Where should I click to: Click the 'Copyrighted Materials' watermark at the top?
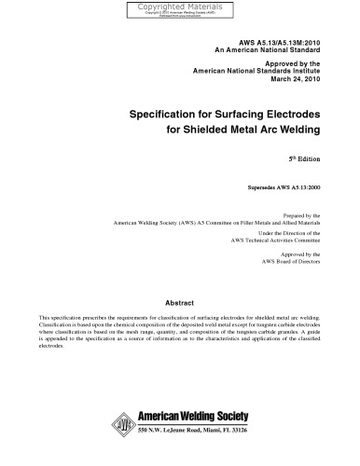click(x=179, y=6)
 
